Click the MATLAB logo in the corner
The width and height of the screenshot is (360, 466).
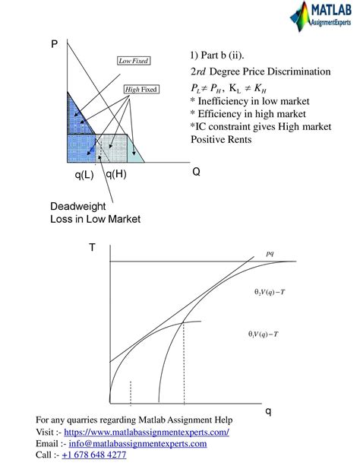321,16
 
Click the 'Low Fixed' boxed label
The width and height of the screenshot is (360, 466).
134,61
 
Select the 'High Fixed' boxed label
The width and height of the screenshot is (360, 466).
141,90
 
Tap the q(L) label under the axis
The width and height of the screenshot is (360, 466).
84,174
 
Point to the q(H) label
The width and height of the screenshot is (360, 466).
116,174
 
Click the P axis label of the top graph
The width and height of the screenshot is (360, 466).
54,44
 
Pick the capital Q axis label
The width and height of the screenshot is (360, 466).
197,172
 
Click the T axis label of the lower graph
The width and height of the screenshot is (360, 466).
93,247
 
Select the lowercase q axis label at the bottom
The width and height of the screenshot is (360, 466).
268,411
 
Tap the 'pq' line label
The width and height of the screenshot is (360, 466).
270,253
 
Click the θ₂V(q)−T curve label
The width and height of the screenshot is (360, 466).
270,292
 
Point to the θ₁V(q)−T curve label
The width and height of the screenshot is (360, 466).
264,334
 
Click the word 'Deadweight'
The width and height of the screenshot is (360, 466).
77,206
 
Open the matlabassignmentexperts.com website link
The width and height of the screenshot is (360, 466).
147,432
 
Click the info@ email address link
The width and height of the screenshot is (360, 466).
137,443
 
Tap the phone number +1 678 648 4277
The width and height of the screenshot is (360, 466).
94,455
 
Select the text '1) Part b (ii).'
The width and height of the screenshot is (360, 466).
217,55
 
